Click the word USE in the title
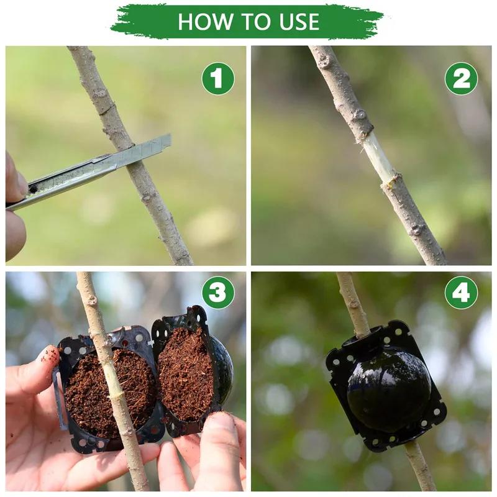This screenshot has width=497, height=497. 294,22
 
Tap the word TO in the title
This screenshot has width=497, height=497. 249,22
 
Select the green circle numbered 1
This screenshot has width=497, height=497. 218,79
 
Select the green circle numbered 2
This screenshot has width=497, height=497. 462,79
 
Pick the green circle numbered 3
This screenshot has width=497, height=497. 218,293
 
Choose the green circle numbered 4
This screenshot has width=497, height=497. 462,293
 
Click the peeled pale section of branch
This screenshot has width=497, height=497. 379,158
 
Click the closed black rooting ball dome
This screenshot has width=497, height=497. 388,388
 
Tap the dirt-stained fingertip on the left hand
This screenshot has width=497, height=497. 47,357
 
